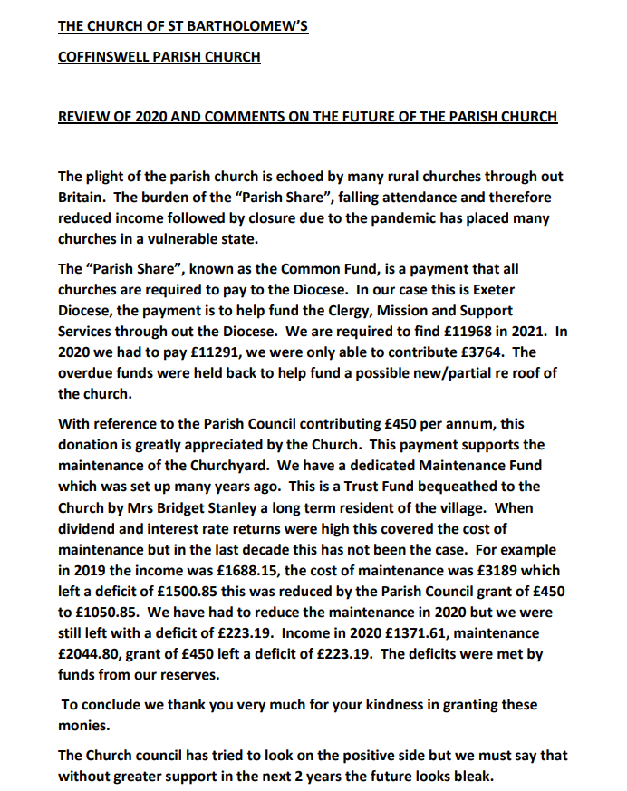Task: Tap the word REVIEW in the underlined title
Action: point(83,117)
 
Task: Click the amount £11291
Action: point(207,352)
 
